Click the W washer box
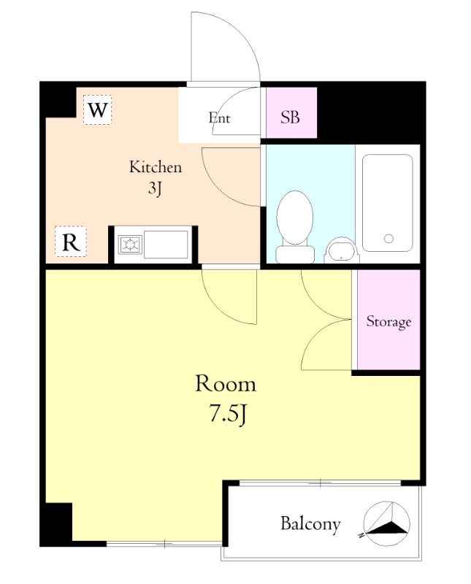point(98,110)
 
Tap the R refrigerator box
point(71,242)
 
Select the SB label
point(291,118)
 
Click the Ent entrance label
point(220,118)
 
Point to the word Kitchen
point(156,167)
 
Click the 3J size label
point(155,188)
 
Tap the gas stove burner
point(130,245)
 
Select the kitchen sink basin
point(166,245)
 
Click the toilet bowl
point(295,218)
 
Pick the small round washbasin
point(342,250)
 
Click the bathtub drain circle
point(388,239)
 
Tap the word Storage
point(388,321)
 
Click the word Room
point(226,384)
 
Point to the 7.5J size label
point(228,414)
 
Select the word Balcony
point(310,524)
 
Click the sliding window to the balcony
point(320,483)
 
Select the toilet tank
point(295,254)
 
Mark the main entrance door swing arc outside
point(240,31)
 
